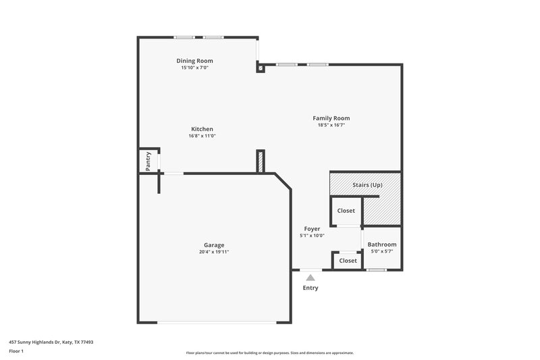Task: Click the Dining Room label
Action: click(194, 61)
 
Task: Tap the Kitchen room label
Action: click(202, 129)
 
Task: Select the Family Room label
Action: click(331, 118)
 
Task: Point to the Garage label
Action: click(214, 245)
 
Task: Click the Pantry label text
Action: click(147, 161)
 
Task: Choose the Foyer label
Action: click(312, 229)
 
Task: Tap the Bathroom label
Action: click(381, 245)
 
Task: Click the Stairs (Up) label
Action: click(367, 184)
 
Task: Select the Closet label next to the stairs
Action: click(346, 211)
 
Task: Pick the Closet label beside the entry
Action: click(348, 261)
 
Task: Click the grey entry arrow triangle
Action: click(310, 277)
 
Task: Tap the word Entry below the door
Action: click(310, 288)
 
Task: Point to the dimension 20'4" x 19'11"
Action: click(214, 253)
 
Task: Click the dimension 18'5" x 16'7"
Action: click(331, 125)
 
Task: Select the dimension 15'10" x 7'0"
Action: click(194, 68)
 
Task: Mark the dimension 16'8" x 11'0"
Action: click(202, 136)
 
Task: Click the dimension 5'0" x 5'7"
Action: click(381, 251)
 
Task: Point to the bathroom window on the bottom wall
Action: click(376, 270)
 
